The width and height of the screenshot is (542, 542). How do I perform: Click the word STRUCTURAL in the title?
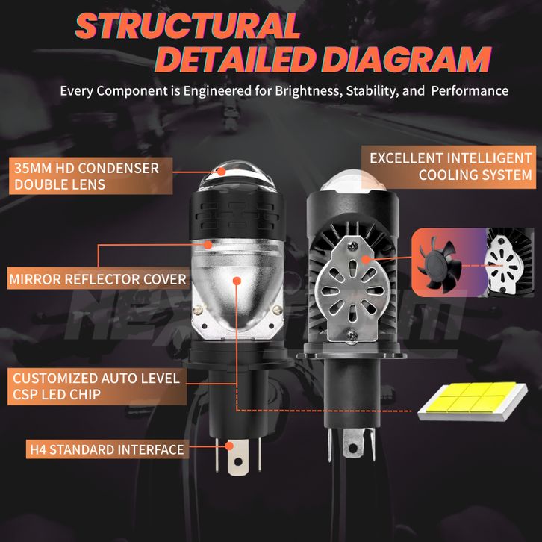pos(187,26)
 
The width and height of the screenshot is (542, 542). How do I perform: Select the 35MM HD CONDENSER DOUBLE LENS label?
pos(87,175)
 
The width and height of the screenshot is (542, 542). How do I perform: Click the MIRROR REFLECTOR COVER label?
pos(97,281)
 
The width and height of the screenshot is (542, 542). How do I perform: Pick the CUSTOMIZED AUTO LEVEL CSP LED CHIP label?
pos(96,386)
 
